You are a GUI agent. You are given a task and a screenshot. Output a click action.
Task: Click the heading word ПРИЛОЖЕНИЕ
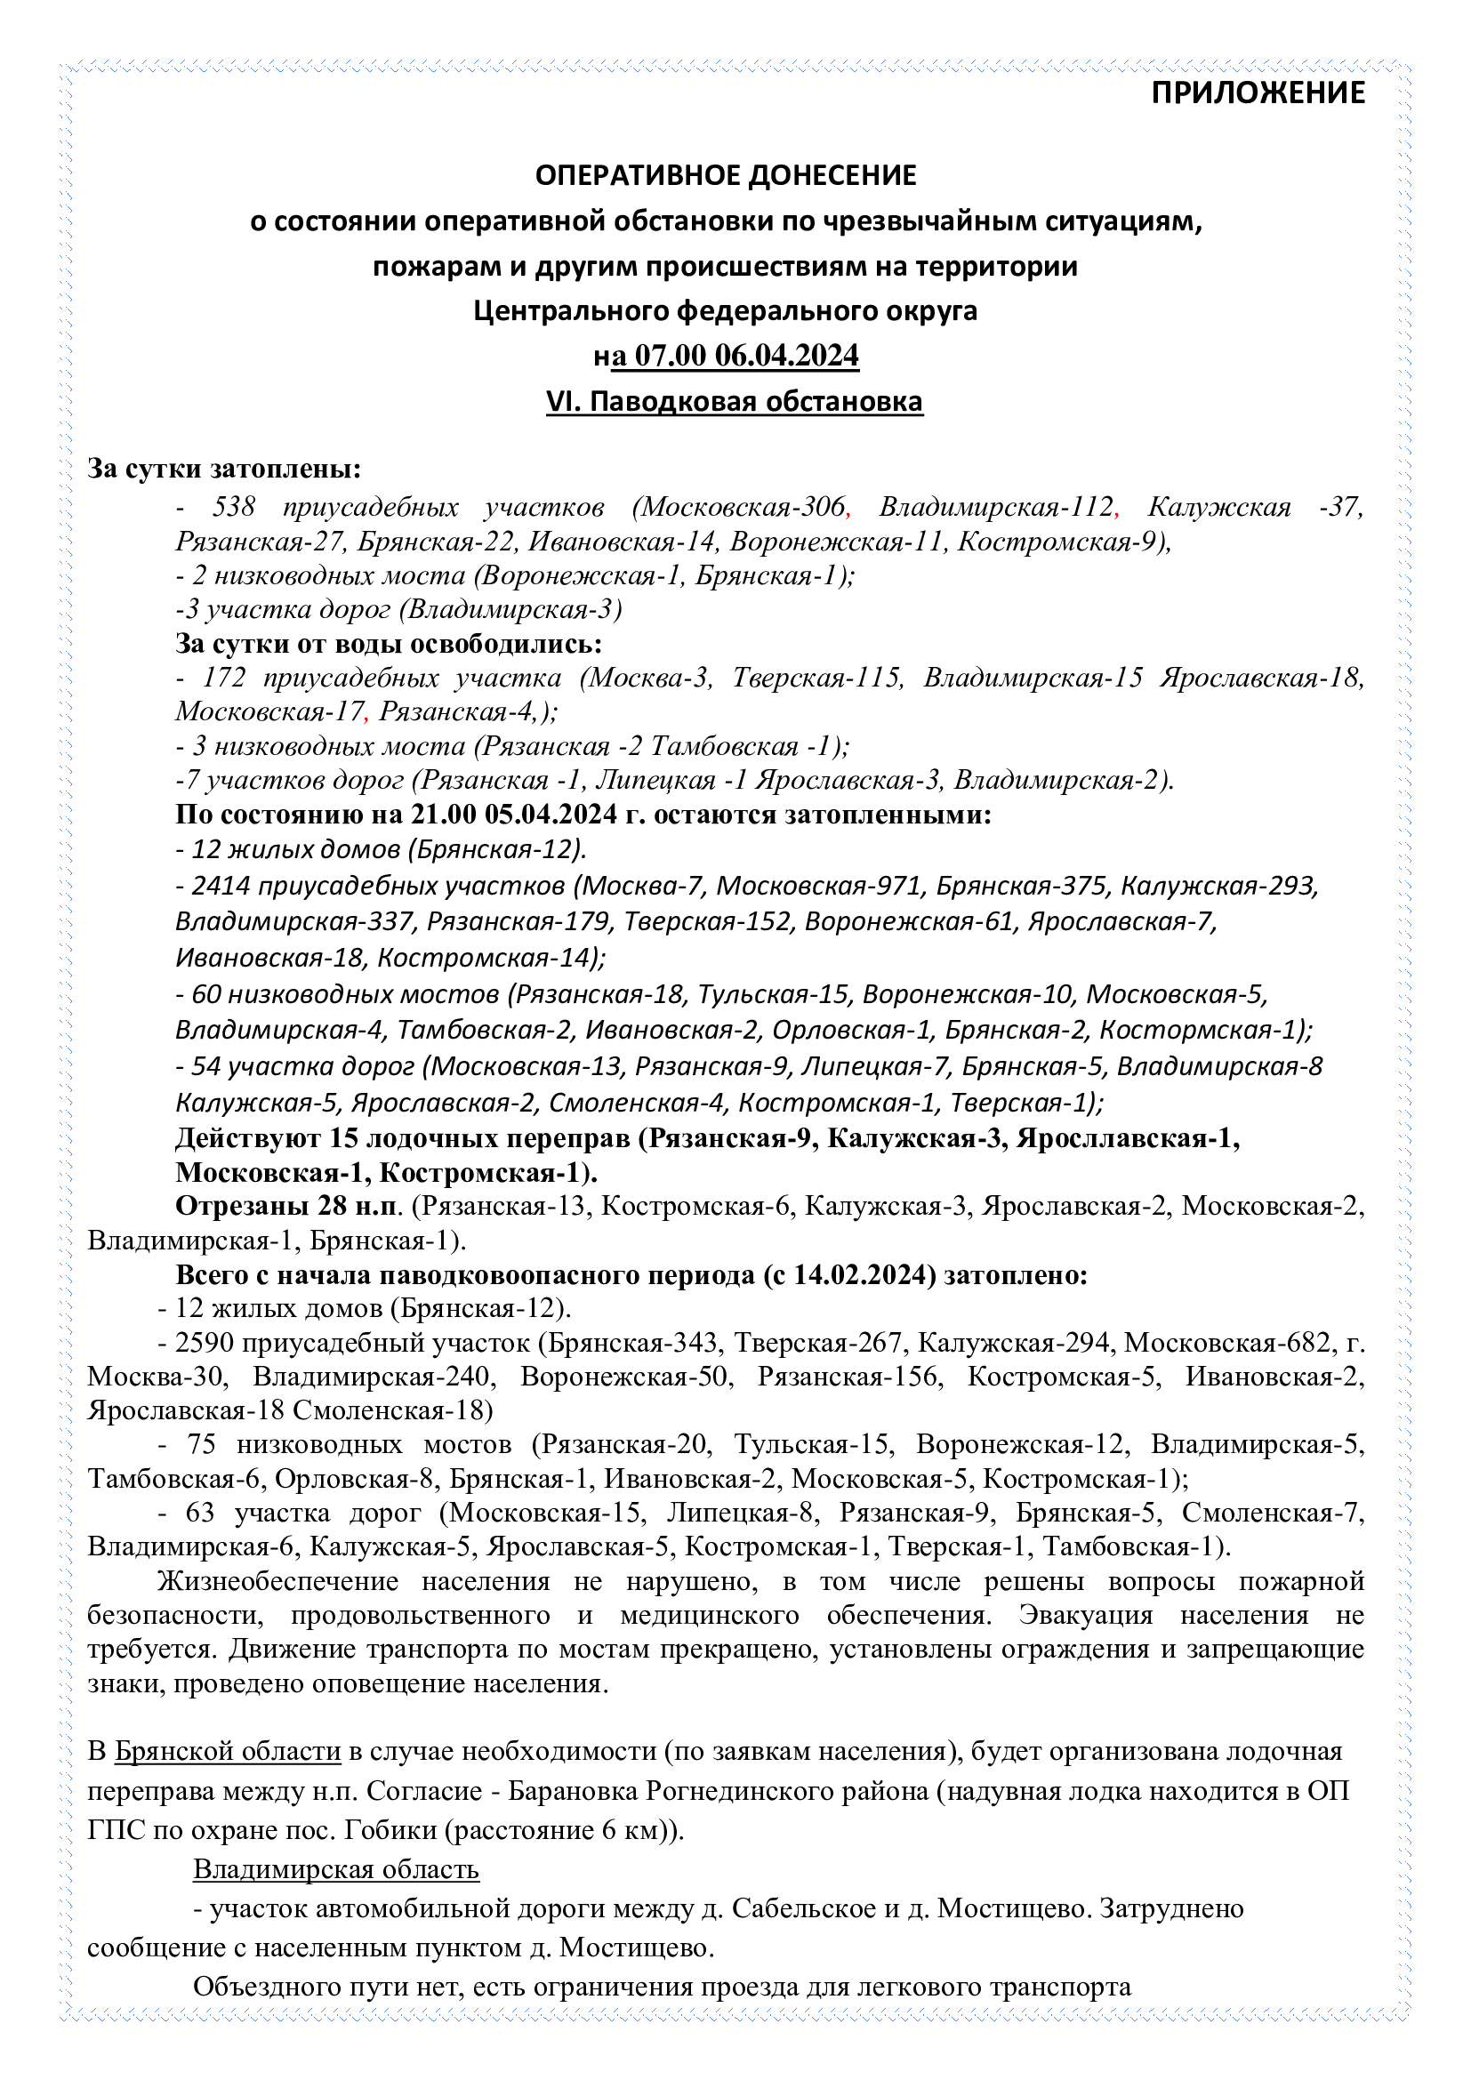(x=1258, y=92)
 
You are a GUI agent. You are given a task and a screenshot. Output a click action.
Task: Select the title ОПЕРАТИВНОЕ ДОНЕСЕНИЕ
(x=726, y=175)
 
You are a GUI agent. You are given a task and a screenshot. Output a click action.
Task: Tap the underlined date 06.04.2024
(x=786, y=355)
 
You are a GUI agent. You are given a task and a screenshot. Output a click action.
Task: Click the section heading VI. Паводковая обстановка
(x=734, y=401)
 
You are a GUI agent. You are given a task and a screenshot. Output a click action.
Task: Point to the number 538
(x=235, y=506)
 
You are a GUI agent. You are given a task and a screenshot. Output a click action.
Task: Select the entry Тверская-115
(x=817, y=678)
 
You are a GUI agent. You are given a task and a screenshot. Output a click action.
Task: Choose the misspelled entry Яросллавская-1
(x=1127, y=1138)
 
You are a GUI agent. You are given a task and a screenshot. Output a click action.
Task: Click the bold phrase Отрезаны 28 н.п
(x=287, y=1207)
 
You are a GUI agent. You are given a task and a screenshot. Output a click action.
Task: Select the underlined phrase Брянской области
(x=228, y=1752)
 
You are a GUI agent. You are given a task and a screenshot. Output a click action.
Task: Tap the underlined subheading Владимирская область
(x=336, y=1870)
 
